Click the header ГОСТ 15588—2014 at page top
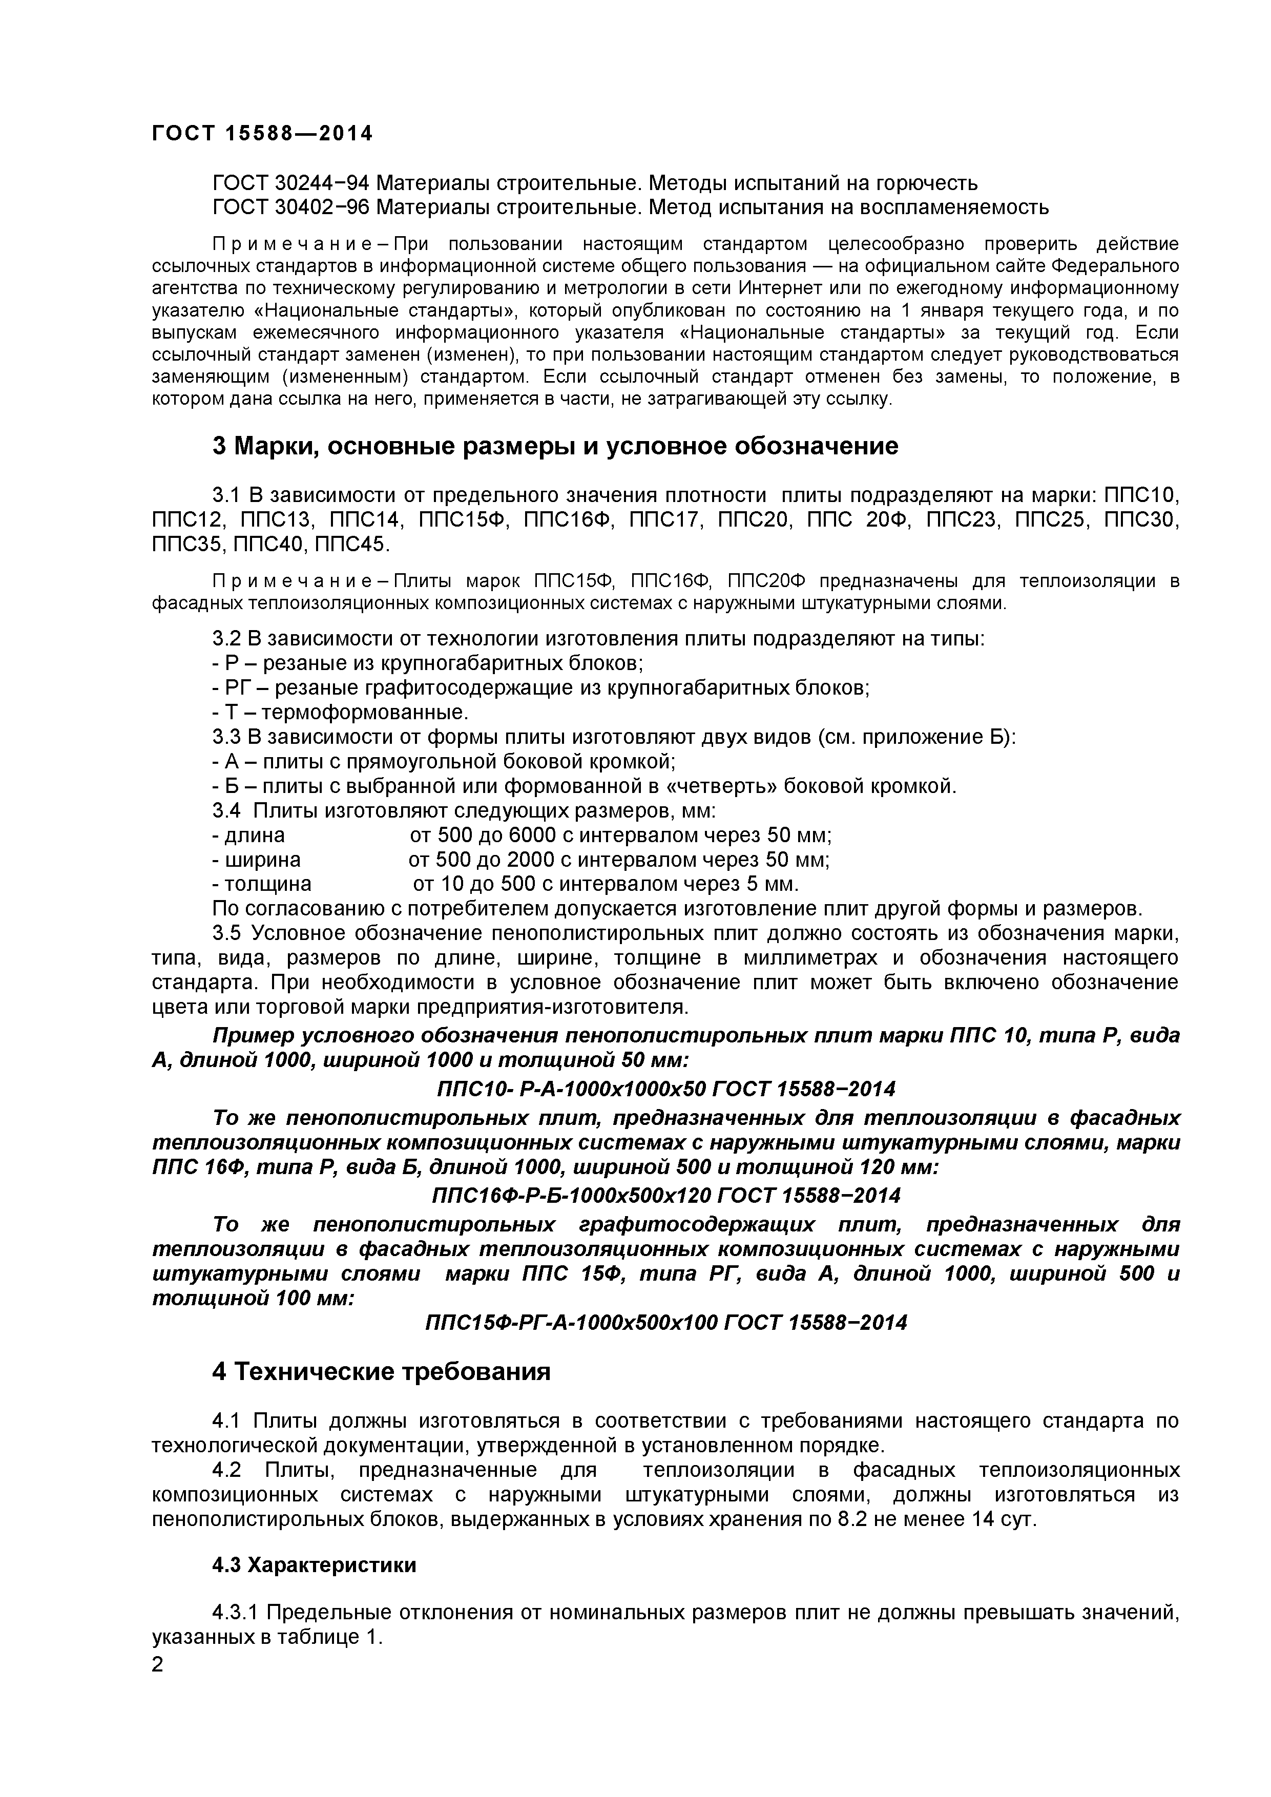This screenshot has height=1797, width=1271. click(262, 134)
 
